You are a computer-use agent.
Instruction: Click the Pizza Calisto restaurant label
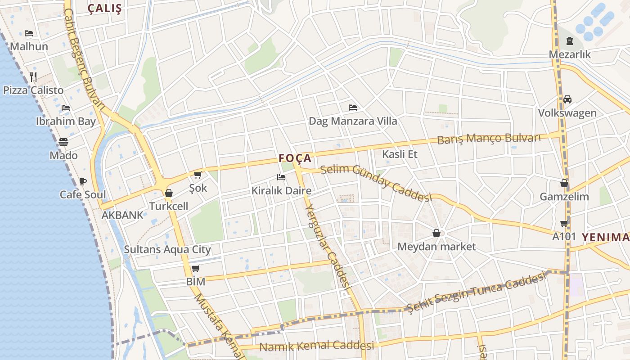[x=33, y=90]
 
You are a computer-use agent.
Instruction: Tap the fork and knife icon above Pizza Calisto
[x=33, y=76]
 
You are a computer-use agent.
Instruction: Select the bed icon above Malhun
[x=29, y=33]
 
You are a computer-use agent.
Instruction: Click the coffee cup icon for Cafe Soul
[x=83, y=181]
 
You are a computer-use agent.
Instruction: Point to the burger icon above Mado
[x=63, y=142]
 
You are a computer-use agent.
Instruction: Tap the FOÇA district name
[x=295, y=158]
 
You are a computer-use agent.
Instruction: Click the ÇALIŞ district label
[x=105, y=9]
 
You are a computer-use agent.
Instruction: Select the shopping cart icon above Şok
[x=198, y=175]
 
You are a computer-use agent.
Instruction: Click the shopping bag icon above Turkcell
[x=169, y=193]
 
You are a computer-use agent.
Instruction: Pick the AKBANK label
[x=122, y=215]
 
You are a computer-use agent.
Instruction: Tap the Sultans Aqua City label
[x=167, y=249]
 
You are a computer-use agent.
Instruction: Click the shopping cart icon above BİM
[x=195, y=269]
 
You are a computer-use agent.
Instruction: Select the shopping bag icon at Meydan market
[x=436, y=233]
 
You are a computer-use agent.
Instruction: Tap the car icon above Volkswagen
[x=567, y=99]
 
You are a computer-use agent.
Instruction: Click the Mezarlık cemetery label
[x=570, y=54]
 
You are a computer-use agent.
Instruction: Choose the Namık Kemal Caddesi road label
[x=317, y=346]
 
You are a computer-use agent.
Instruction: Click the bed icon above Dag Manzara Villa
[x=353, y=108]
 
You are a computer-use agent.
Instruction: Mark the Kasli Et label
[x=400, y=154]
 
